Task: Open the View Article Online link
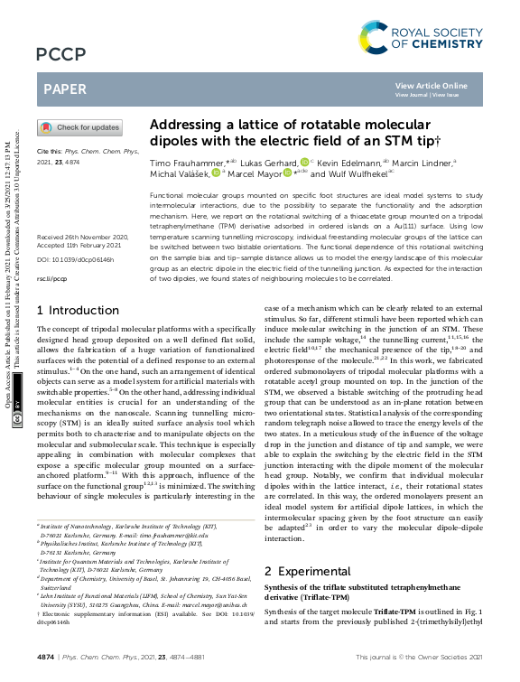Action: (x=432, y=85)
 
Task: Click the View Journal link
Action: (x=412, y=94)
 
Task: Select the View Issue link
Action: (x=445, y=94)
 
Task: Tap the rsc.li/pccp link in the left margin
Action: (x=51, y=280)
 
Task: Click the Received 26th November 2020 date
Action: (x=82, y=237)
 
